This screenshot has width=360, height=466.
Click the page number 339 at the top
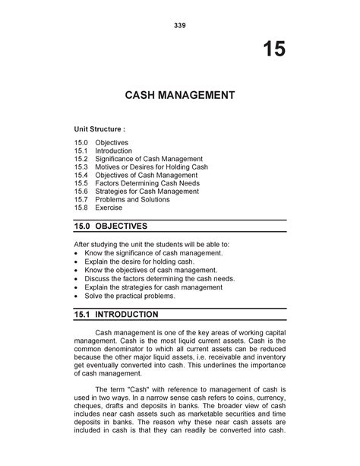[x=179, y=25]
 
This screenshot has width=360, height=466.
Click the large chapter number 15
[x=274, y=50]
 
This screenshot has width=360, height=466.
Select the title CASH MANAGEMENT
[x=179, y=97]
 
